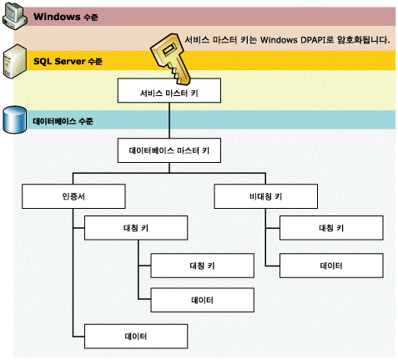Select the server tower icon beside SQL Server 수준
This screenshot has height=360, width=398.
(15, 62)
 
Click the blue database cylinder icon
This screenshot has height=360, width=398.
(15, 119)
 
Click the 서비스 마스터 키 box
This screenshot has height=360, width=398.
(169, 90)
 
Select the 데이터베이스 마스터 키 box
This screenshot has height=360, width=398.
(169, 150)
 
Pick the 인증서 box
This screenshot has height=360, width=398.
(73, 196)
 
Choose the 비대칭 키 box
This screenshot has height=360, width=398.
(265, 196)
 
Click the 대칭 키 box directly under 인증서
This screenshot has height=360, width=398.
(136, 228)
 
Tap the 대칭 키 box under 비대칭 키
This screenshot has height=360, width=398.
(331, 228)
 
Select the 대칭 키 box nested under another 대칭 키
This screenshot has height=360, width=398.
(202, 266)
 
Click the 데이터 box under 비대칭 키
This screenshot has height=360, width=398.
(331, 266)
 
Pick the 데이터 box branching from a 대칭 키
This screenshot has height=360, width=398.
(202, 300)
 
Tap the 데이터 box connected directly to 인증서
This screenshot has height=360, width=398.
(136, 336)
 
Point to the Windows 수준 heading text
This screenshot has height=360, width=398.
(66, 17)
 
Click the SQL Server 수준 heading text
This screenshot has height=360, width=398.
(68, 61)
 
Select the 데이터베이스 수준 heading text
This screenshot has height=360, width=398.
(63, 121)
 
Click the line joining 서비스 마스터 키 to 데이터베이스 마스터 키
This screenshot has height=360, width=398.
(169, 120)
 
